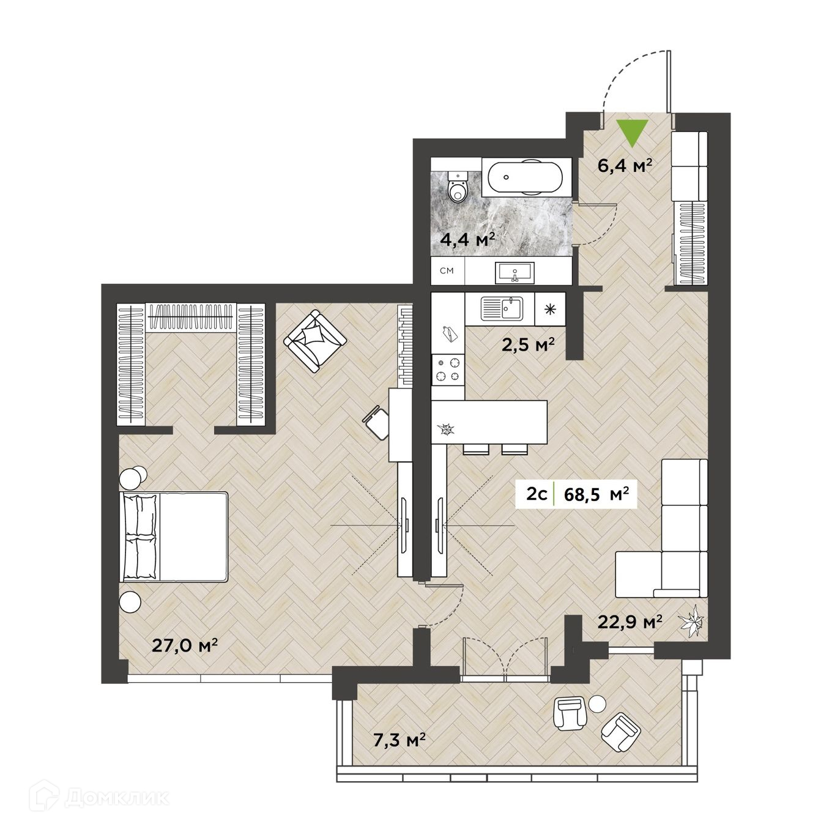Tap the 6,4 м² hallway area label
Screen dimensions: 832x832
624,165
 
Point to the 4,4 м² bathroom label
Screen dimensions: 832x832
467,239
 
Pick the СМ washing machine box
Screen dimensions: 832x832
447,271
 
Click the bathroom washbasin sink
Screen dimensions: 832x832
516,272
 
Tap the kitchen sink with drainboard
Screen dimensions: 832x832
502,308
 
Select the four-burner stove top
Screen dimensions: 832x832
448,370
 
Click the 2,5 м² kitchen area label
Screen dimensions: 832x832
527,345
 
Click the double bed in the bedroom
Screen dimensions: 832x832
175,536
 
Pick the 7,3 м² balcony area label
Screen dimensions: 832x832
399,741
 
